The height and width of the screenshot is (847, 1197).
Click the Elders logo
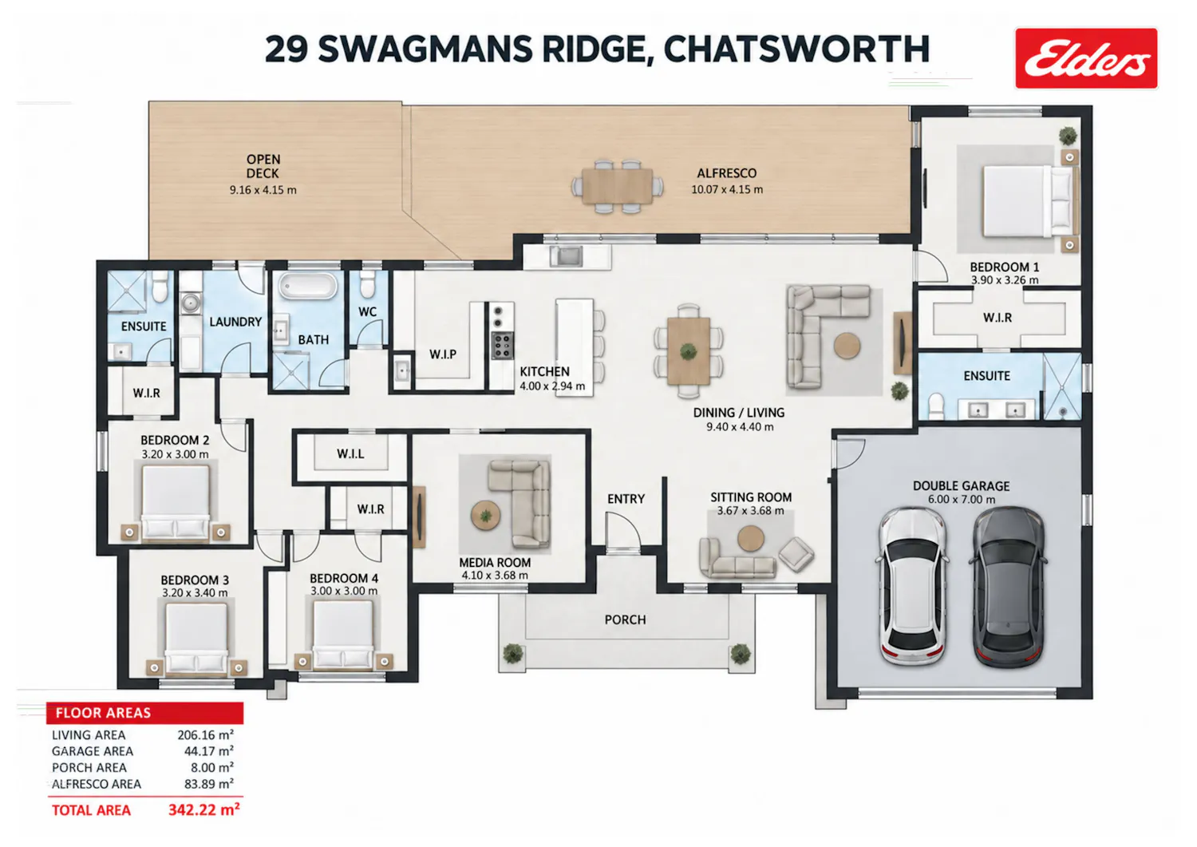point(1086,58)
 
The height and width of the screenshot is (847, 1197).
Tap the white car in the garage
point(913,585)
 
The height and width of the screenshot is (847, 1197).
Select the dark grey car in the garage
point(1008,587)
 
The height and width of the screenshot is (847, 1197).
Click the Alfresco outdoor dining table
point(618,187)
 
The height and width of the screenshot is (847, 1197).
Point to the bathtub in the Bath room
point(307,286)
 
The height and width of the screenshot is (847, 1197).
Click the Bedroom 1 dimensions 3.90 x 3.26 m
point(1005,280)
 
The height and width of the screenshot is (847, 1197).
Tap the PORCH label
point(625,619)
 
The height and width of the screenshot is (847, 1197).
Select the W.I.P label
point(443,354)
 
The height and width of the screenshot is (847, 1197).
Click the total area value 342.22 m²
point(203,810)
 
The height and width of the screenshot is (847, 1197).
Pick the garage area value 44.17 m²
point(209,751)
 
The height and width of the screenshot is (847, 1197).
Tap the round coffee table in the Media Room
point(486,516)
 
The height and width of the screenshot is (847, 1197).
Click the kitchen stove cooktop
point(502,346)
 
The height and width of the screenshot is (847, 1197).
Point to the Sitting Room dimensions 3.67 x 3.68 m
point(751,511)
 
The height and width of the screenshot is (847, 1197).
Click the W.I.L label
point(350,454)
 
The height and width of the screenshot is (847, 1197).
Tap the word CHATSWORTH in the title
point(796,49)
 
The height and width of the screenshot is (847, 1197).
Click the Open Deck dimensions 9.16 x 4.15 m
point(263,190)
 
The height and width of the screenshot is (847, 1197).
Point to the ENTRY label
point(626,499)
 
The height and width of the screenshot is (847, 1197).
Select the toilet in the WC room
point(367,285)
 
